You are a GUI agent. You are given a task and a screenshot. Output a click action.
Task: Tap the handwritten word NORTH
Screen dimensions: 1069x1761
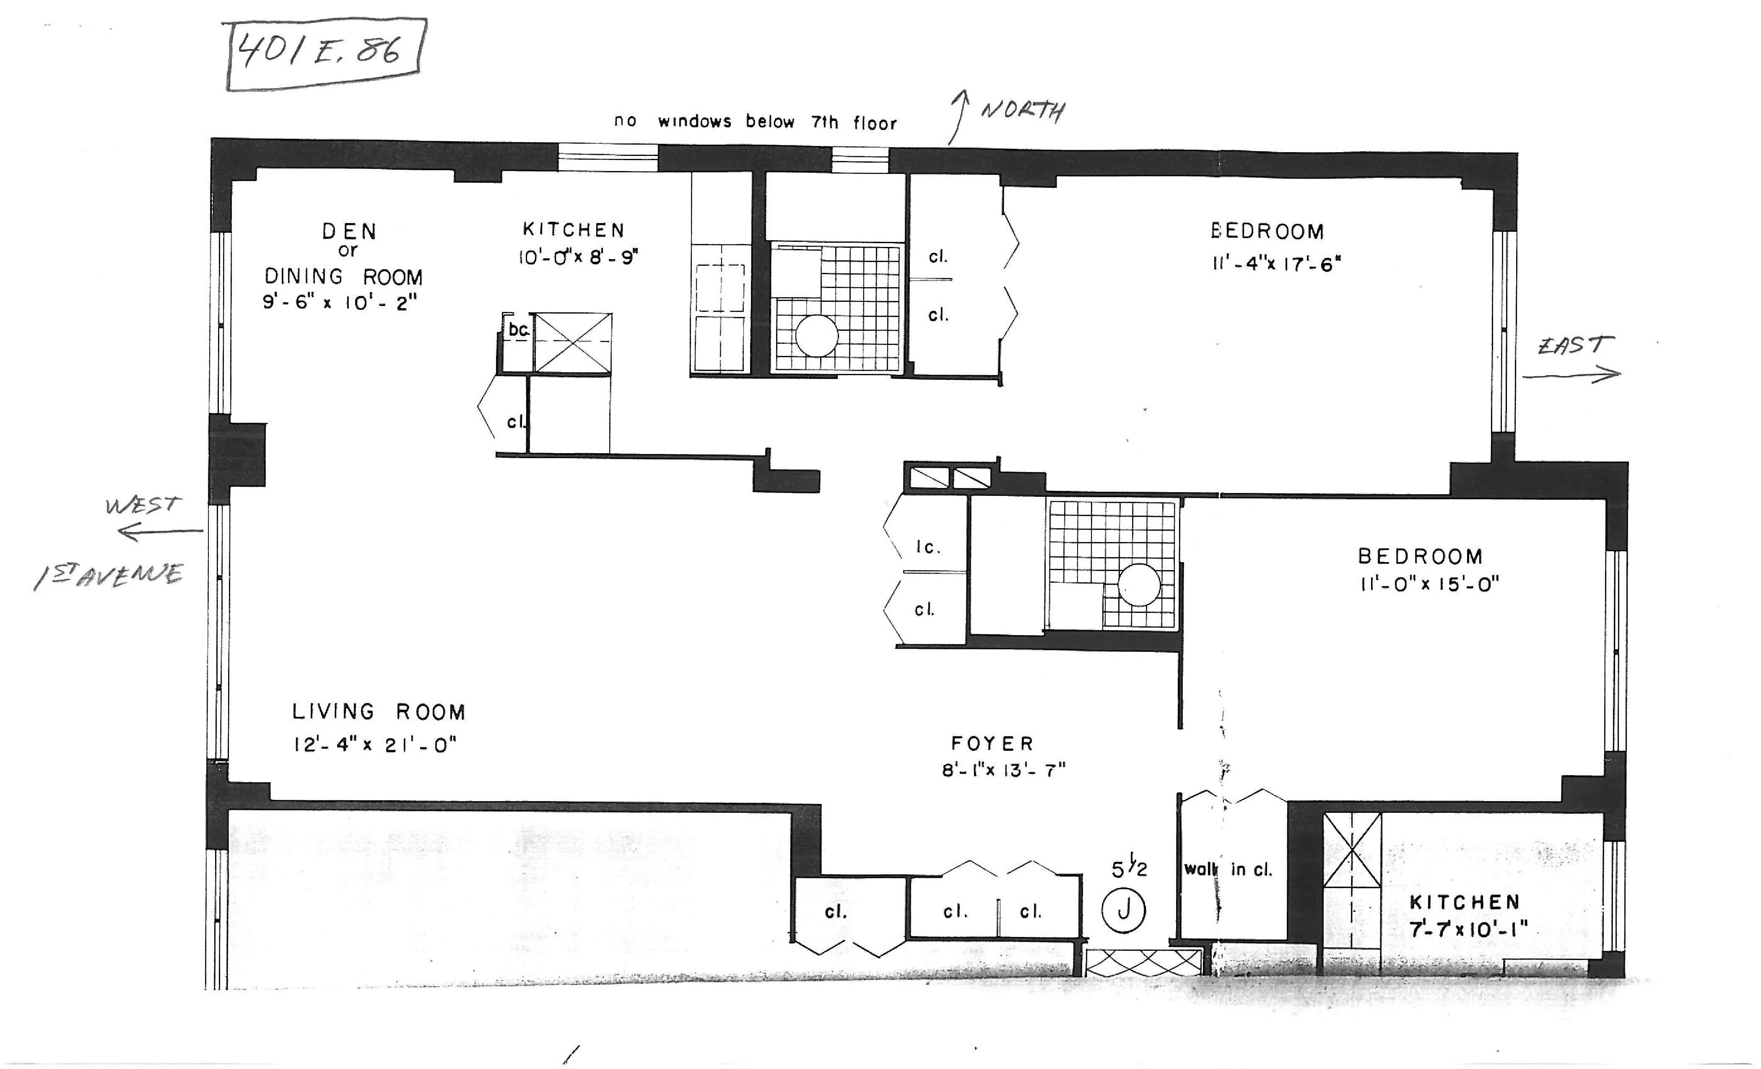tap(1022, 111)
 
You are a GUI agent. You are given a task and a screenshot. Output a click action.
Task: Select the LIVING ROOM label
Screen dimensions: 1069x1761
tap(379, 712)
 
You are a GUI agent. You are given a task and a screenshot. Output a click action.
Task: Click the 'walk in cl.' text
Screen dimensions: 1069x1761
tap(1228, 869)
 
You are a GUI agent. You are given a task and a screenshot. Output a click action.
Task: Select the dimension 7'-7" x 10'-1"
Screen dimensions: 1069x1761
tap(1468, 930)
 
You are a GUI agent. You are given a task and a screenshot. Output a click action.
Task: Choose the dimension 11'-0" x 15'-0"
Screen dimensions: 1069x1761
tap(1429, 584)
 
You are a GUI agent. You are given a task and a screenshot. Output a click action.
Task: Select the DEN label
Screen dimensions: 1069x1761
tap(350, 231)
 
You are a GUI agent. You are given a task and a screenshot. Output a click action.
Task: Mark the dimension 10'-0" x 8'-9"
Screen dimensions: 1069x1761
tap(577, 257)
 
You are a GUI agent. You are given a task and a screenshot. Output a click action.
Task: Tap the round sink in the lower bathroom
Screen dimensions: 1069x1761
tap(1138, 584)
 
